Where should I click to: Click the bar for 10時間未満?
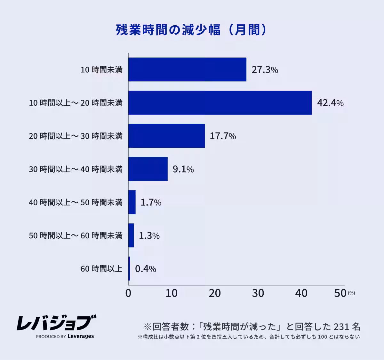pyautogui.click(x=187, y=70)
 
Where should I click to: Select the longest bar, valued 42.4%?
pyautogui.click(x=220, y=103)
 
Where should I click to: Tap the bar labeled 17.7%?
pyautogui.click(x=166, y=136)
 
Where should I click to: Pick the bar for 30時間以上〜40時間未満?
pyautogui.click(x=148, y=169)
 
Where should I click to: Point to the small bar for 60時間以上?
pyautogui.click(x=129, y=269)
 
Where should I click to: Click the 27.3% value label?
pyautogui.click(x=265, y=70)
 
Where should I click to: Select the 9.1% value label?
pyautogui.click(x=183, y=169)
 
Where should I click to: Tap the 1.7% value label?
pyautogui.click(x=151, y=202)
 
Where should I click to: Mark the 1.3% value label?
pyautogui.click(x=149, y=236)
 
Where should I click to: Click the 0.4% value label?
pyautogui.click(x=146, y=269)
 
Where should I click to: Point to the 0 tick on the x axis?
pyautogui.click(x=128, y=293)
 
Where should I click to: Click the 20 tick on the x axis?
pyautogui.click(x=215, y=293)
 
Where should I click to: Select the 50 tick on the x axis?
pyautogui.click(x=340, y=293)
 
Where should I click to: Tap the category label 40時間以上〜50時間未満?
pyautogui.click(x=76, y=202)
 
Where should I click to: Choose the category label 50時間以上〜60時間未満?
pyautogui.click(x=76, y=236)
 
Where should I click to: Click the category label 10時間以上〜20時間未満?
pyautogui.click(x=76, y=103)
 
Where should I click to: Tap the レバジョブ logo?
pyautogui.click(x=56, y=323)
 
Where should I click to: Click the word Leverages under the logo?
pyautogui.click(x=81, y=336)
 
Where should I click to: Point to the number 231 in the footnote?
pyautogui.click(x=341, y=327)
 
